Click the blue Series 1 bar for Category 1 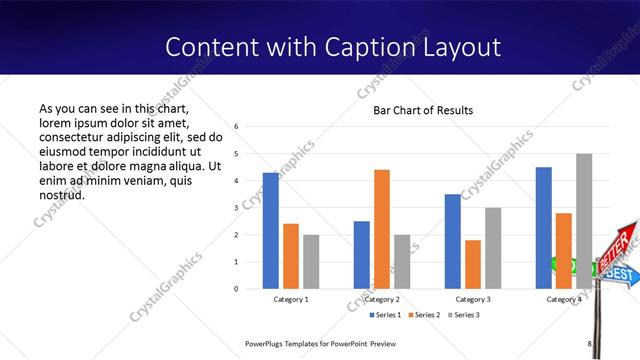click(x=271, y=230)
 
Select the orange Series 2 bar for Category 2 click(x=382, y=229)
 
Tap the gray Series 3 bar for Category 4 click(x=584, y=221)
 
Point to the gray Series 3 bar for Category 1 click(x=311, y=261)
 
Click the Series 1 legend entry click(x=387, y=316)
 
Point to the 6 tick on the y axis click(x=235, y=127)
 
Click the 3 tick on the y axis click(x=235, y=208)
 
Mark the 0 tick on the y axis click(x=235, y=289)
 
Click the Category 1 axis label click(x=291, y=299)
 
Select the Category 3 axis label click(x=473, y=299)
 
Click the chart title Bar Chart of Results click(x=423, y=110)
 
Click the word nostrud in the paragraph click(x=62, y=194)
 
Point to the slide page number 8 click(x=589, y=343)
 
